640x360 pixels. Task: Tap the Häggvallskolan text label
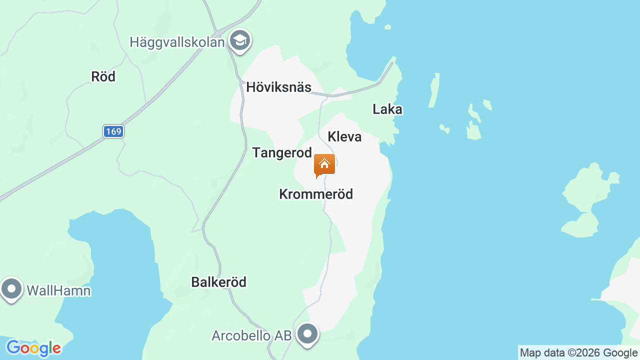[x=177, y=42]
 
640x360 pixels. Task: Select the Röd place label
[x=103, y=76]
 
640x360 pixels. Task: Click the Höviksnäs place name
[x=278, y=87]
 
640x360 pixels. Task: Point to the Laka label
[x=387, y=109]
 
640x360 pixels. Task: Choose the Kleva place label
[x=344, y=136]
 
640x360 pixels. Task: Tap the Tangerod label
[x=282, y=152]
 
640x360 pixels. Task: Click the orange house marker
[x=324, y=165]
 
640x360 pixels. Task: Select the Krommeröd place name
[x=316, y=194]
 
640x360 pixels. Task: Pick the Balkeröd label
[x=218, y=282]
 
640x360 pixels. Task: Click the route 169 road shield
[x=113, y=131]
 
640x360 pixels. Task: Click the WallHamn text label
[x=58, y=290]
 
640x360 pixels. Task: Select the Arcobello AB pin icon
[x=307, y=334]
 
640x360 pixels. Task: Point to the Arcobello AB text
[x=251, y=335]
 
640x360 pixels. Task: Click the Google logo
[x=33, y=348]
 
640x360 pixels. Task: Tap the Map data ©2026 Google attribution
[x=578, y=353]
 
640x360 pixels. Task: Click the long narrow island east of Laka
[x=434, y=90]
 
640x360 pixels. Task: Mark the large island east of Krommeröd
[x=587, y=200]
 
